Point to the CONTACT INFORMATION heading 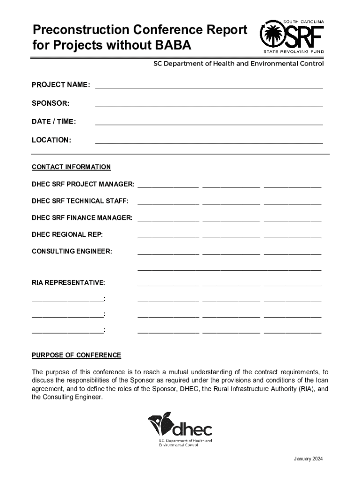[71, 167]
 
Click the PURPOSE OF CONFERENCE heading [76, 355]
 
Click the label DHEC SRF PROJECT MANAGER [83, 184]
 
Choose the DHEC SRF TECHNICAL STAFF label [80, 201]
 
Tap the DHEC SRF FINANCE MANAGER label [82, 218]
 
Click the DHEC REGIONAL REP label [67, 234]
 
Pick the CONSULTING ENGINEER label [72, 251]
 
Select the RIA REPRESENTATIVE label [68, 283]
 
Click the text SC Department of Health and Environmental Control [238, 64]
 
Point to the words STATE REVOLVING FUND [291, 51]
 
